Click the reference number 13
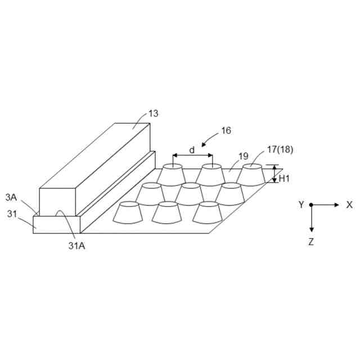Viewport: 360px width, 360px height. pyautogui.click(x=153, y=114)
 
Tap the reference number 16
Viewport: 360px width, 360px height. pyautogui.click(x=226, y=131)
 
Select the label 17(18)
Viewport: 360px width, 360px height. pyautogui.click(x=280, y=150)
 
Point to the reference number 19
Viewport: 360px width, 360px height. pyautogui.click(x=243, y=156)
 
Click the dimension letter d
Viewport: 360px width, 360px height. pyautogui.click(x=192, y=150)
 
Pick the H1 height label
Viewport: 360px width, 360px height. pyautogui.click(x=285, y=178)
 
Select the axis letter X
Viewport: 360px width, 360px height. pyautogui.click(x=349, y=205)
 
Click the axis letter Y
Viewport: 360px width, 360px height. pyautogui.click(x=301, y=205)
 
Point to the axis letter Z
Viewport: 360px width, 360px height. pyautogui.click(x=312, y=242)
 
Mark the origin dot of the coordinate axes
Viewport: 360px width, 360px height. pyautogui.click(x=312, y=205)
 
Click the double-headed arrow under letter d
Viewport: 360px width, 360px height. pyautogui.click(x=192, y=156)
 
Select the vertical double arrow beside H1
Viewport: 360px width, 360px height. pyautogui.click(x=274, y=174)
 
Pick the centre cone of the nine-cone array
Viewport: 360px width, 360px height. pyautogui.click(x=190, y=195)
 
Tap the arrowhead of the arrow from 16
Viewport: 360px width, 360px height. pyautogui.click(x=203, y=144)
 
